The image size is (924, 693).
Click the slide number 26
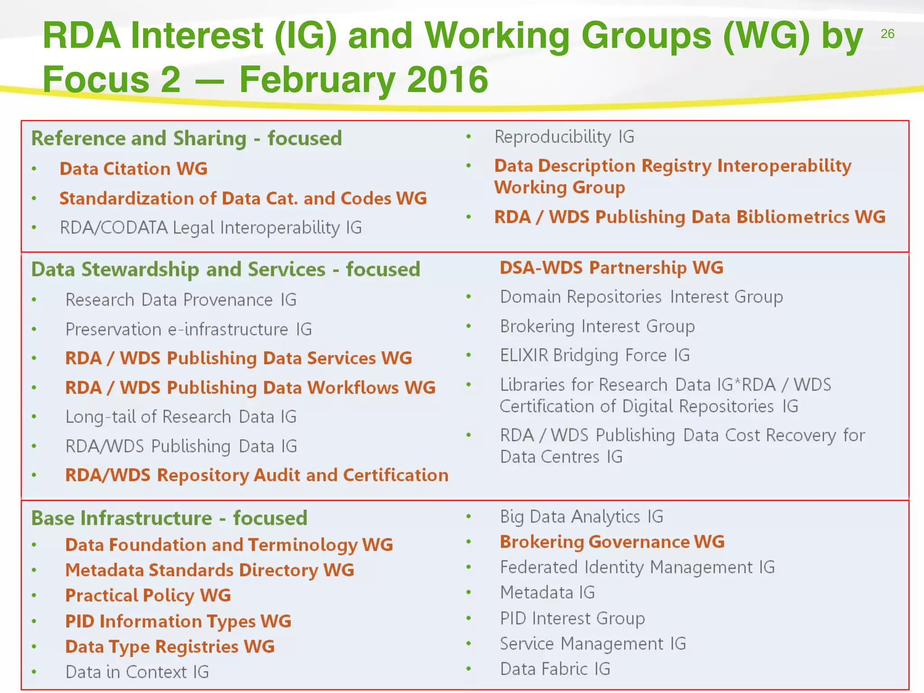pos(887,34)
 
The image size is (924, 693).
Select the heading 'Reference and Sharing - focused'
pos(186,138)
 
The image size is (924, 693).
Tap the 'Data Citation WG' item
pos(134,169)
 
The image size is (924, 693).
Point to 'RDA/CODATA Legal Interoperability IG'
pos(211,228)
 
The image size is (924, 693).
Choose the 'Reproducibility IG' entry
pos(564,137)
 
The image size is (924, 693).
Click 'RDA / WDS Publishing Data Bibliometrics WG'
pos(689,217)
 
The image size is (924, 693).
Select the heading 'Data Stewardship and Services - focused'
pos(226,269)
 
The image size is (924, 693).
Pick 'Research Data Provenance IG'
pos(181,300)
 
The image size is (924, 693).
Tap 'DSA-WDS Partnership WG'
pos(611,268)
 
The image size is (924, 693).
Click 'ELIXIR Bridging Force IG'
pos(595,356)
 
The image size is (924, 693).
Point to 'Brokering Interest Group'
pos(597,326)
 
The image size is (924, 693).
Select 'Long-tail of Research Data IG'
pos(181,417)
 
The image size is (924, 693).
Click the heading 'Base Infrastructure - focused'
pos(169,518)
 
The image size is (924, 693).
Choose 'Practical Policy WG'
pos(148,596)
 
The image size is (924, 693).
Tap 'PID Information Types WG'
pos(178,621)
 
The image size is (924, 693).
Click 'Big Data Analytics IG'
pos(582,517)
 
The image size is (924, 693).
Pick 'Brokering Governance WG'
pos(612,542)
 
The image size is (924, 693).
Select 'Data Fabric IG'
pos(555,669)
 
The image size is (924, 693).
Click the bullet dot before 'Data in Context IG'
pos(34,672)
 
